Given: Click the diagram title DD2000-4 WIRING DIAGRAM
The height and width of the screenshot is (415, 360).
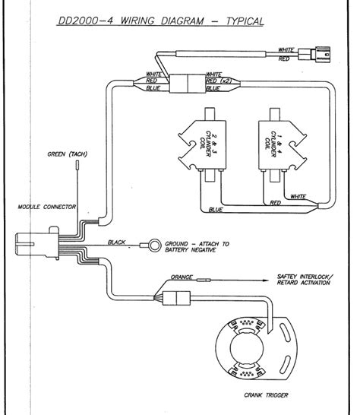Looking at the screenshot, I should [160, 21].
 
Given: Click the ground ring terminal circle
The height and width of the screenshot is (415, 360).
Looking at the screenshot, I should [153, 246].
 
